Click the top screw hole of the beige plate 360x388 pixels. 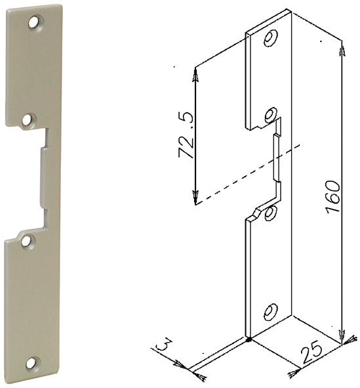click(34, 22)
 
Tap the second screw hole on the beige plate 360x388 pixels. click(27, 120)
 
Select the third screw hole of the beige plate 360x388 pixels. click(26, 241)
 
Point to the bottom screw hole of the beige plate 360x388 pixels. click(31, 363)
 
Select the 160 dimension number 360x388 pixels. click(332, 197)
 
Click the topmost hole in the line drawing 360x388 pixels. click(271, 38)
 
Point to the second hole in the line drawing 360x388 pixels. click(270, 115)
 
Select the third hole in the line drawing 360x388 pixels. click(270, 213)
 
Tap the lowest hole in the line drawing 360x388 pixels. click(270, 313)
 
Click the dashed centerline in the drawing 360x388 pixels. click(248, 175)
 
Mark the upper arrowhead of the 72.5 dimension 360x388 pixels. click(195, 75)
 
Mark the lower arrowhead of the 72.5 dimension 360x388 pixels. click(195, 197)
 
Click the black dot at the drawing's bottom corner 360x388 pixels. click(249, 339)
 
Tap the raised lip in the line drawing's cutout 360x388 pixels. click(277, 158)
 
